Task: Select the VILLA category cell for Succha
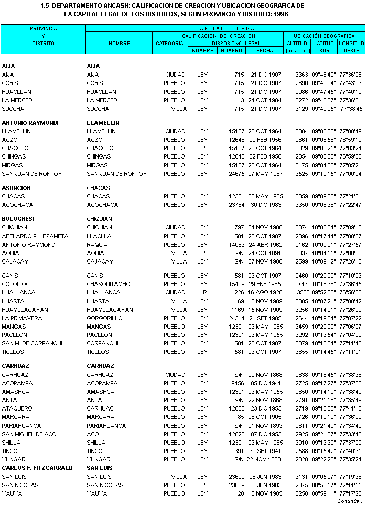[179, 109]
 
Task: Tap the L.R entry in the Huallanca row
[202, 292]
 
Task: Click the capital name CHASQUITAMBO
[109, 284]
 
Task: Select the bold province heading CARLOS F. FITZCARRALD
[37, 468]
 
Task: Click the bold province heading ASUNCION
[16, 188]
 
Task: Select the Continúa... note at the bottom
[350, 501]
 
